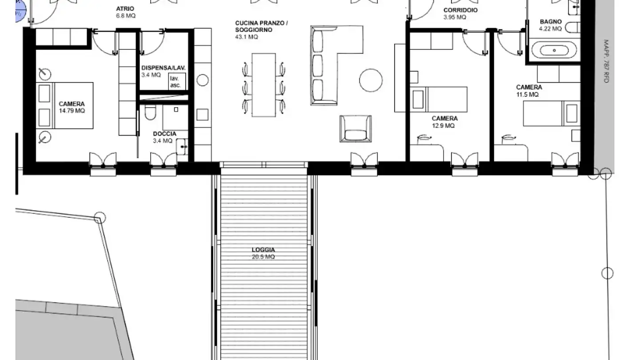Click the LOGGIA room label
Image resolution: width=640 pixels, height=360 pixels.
coord(263,250)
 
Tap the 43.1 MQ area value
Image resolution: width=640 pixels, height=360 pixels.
coord(246,37)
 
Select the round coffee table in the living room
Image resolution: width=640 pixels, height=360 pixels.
coord(371,80)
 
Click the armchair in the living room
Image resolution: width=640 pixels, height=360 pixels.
coord(355,128)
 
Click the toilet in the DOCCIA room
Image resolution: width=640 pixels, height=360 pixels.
coord(150,113)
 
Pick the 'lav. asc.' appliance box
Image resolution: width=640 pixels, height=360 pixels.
coord(175,82)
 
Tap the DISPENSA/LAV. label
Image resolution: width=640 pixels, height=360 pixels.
coord(163,68)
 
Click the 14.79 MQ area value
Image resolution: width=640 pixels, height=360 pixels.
coord(72,111)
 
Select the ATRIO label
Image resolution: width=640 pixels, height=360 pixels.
coord(125,9)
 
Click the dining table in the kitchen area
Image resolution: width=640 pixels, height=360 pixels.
coord(264,85)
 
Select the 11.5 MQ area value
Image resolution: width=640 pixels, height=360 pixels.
coord(528,95)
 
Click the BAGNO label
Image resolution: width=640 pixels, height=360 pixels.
coord(551,21)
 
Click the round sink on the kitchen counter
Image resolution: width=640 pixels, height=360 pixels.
coord(202,80)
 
